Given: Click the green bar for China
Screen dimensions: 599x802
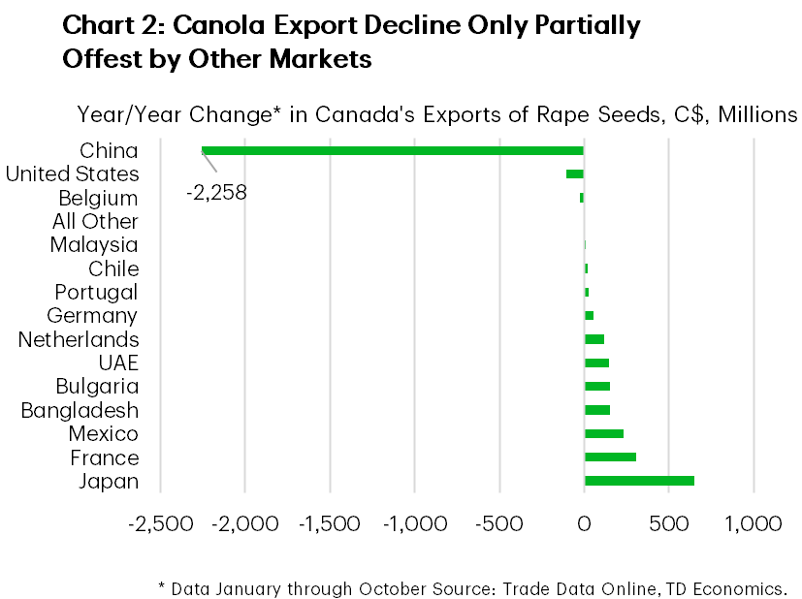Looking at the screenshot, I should pyautogui.click(x=393, y=150).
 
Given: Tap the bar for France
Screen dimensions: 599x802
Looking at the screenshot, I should pyautogui.click(x=610, y=457).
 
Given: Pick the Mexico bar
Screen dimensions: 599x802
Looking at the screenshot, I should pyautogui.click(x=603, y=433).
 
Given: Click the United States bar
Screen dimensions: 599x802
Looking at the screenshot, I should pyautogui.click(x=575, y=173).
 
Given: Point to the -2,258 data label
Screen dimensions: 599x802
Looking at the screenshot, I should pyautogui.click(x=216, y=192).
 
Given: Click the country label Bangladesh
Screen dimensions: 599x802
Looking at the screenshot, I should pyautogui.click(x=80, y=410).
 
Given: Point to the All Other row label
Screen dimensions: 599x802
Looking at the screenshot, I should pyautogui.click(x=95, y=221).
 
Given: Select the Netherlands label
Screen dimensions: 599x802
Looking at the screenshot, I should pyautogui.click(x=79, y=339).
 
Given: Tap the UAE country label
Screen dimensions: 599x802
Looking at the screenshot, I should pyautogui.click(x=118, y=363).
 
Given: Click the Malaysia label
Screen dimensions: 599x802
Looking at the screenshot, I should pyautogui.click(x=94, y=245).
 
